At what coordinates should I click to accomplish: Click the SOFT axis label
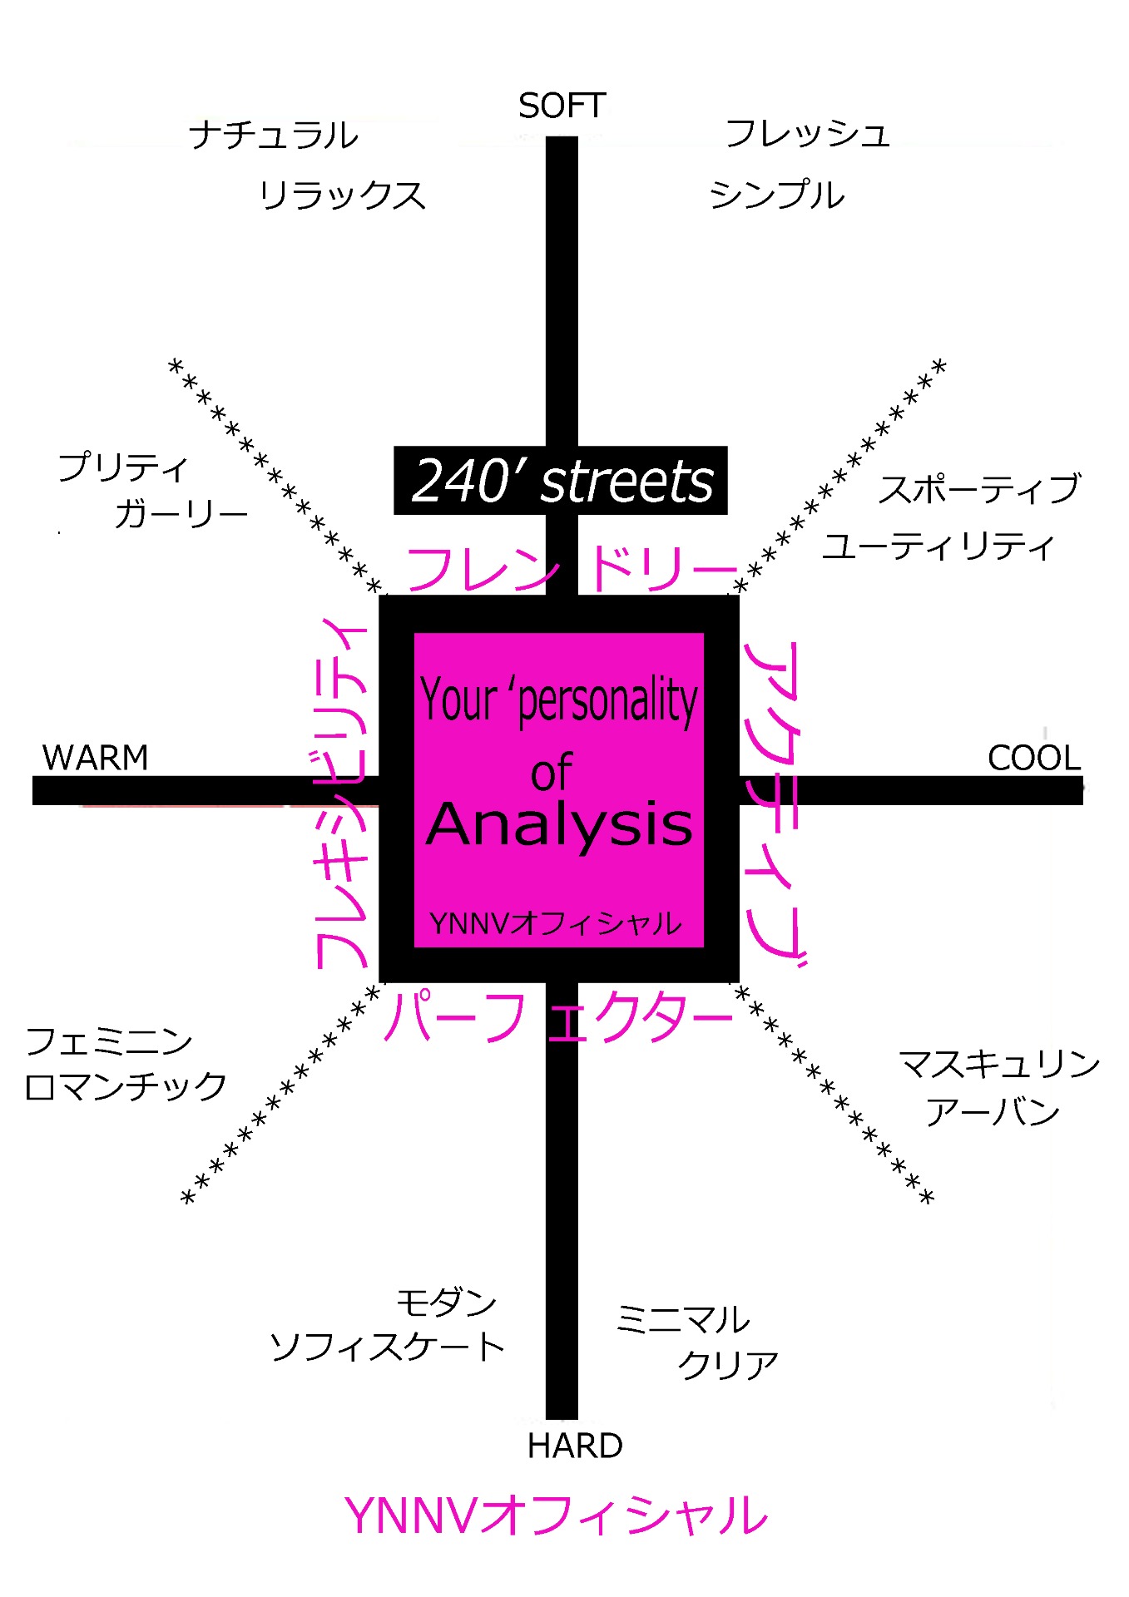(562, 106)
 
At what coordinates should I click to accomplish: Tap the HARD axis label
(575, 1446)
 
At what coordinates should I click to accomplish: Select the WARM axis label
(95, 758)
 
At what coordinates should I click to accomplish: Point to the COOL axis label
(1033, 758)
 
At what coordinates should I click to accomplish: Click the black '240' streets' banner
(561, 481)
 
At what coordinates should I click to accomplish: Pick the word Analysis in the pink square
(559, 824)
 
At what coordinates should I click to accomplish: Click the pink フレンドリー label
(571, 569)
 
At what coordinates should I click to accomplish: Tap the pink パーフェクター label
(557, 1016)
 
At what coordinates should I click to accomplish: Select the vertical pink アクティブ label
(775, 803)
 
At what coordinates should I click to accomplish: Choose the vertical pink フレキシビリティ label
(340, 794)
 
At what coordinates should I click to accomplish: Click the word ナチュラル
(273, 135)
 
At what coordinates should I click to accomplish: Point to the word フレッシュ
(807, 133)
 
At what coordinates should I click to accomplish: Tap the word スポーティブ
(979, 489)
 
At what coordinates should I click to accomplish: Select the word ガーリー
(181, 514)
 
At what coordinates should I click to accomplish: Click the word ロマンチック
(126, 1086)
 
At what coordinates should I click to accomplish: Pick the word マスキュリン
(999, 1064)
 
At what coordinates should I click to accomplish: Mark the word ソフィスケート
(387, 1347)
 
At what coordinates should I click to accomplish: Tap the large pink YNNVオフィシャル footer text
(556, 1515)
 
